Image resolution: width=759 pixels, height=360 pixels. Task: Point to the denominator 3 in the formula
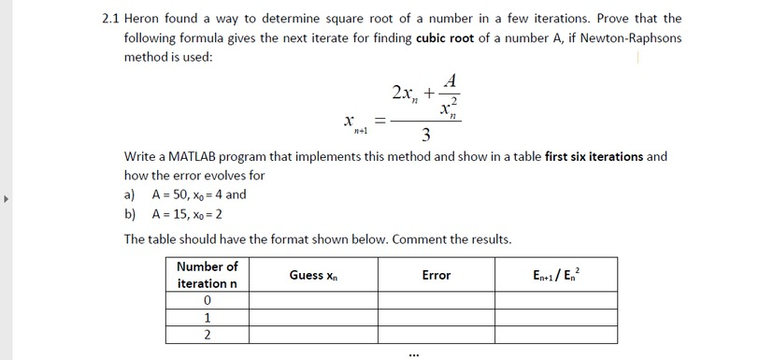click(425, 137)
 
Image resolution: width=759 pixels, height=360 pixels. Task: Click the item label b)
click(131, 213)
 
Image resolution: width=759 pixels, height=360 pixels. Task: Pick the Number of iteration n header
click(207, 275)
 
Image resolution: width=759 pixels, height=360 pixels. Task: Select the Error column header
click(436, 275)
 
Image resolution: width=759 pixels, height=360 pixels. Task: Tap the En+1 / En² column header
click(560, 275)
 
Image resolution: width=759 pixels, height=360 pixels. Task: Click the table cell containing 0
click(207, 300)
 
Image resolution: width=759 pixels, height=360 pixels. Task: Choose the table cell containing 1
click(207, 317)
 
